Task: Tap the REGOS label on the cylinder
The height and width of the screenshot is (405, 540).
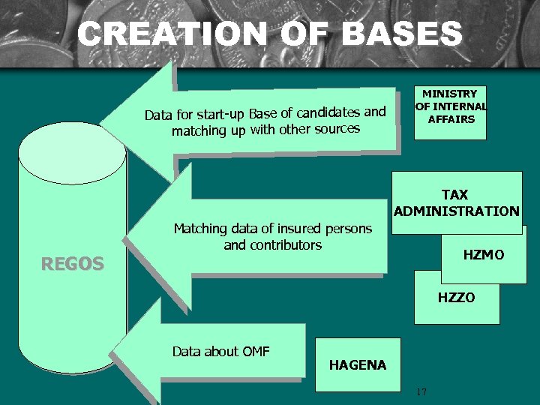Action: click(72, 263)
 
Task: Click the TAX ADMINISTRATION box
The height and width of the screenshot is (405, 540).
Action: click(456, 202)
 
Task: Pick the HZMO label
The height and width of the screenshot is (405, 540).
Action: click(483, 255)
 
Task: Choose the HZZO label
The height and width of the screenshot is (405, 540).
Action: click(456, 298)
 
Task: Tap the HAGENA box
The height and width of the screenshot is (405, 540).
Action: click(357, 365)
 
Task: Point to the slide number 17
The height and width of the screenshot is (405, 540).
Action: click(421, 391)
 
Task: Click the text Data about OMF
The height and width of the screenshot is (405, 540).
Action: click(220, 351)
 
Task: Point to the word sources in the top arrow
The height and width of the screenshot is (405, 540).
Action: click(337, 128)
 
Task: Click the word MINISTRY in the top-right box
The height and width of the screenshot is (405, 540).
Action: click(450, 94)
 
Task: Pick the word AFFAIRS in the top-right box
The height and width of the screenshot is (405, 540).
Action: click(451, 118)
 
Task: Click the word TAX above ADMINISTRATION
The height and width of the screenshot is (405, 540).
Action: click(455, 195)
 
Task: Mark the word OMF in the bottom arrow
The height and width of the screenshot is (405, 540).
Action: click(256, 351)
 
